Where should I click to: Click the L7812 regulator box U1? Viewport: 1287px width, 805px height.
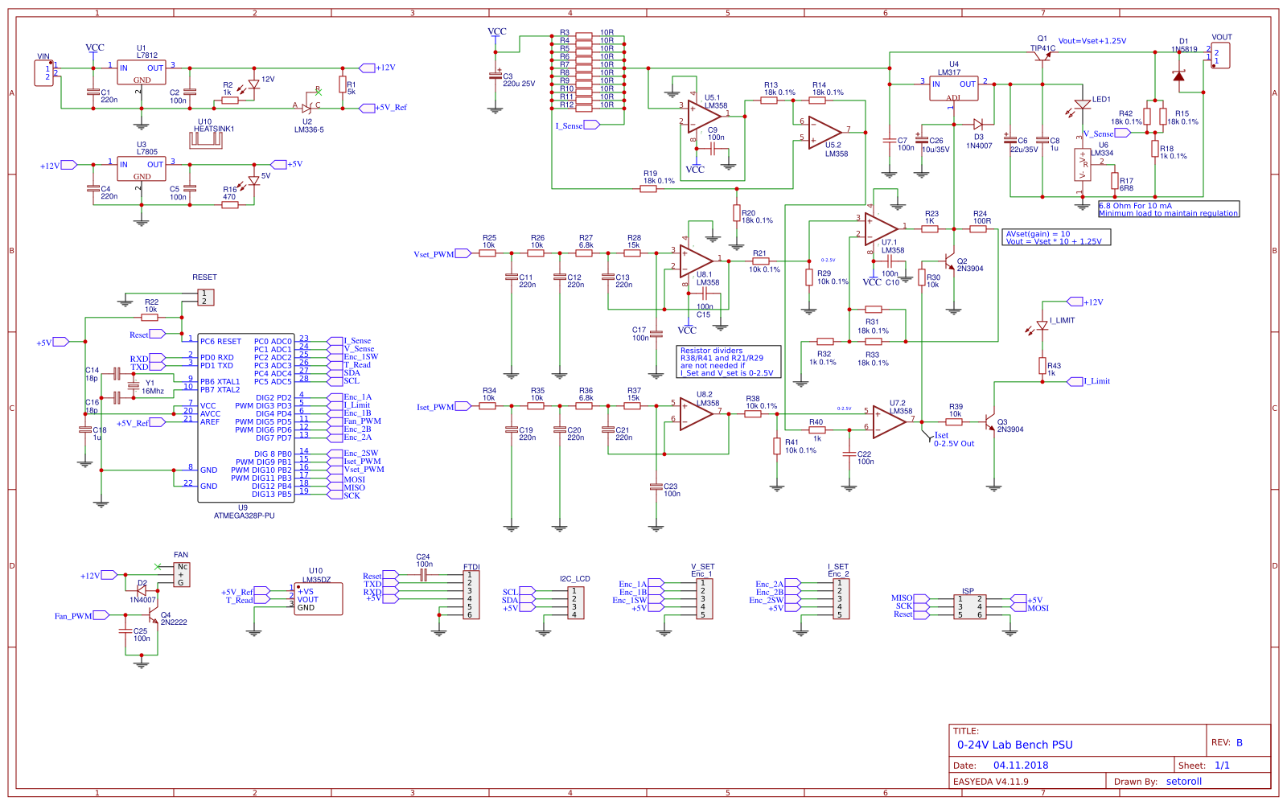(x=142, y=73)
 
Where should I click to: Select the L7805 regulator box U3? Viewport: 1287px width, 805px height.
(x=142, y=169)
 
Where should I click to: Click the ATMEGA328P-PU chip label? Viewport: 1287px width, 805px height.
(x=244, y=515)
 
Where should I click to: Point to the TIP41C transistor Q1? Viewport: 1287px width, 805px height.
(x=1042, y=55)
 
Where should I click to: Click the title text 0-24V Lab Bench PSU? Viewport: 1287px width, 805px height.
(x=1014, y=745)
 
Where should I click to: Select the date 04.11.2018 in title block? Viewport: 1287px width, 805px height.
(x=1020, y=766)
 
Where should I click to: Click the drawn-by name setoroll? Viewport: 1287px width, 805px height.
(x=1183, y=782)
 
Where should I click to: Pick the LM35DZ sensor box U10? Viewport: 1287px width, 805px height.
(x=319, y=599)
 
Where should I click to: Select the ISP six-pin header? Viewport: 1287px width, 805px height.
(x=969, y=607)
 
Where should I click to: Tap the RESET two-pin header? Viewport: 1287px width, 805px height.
(x=205, y=298)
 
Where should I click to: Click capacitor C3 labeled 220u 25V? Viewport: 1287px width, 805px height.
(x=495, y=76)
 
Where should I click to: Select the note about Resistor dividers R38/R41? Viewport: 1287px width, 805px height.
(x=729, y=362)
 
